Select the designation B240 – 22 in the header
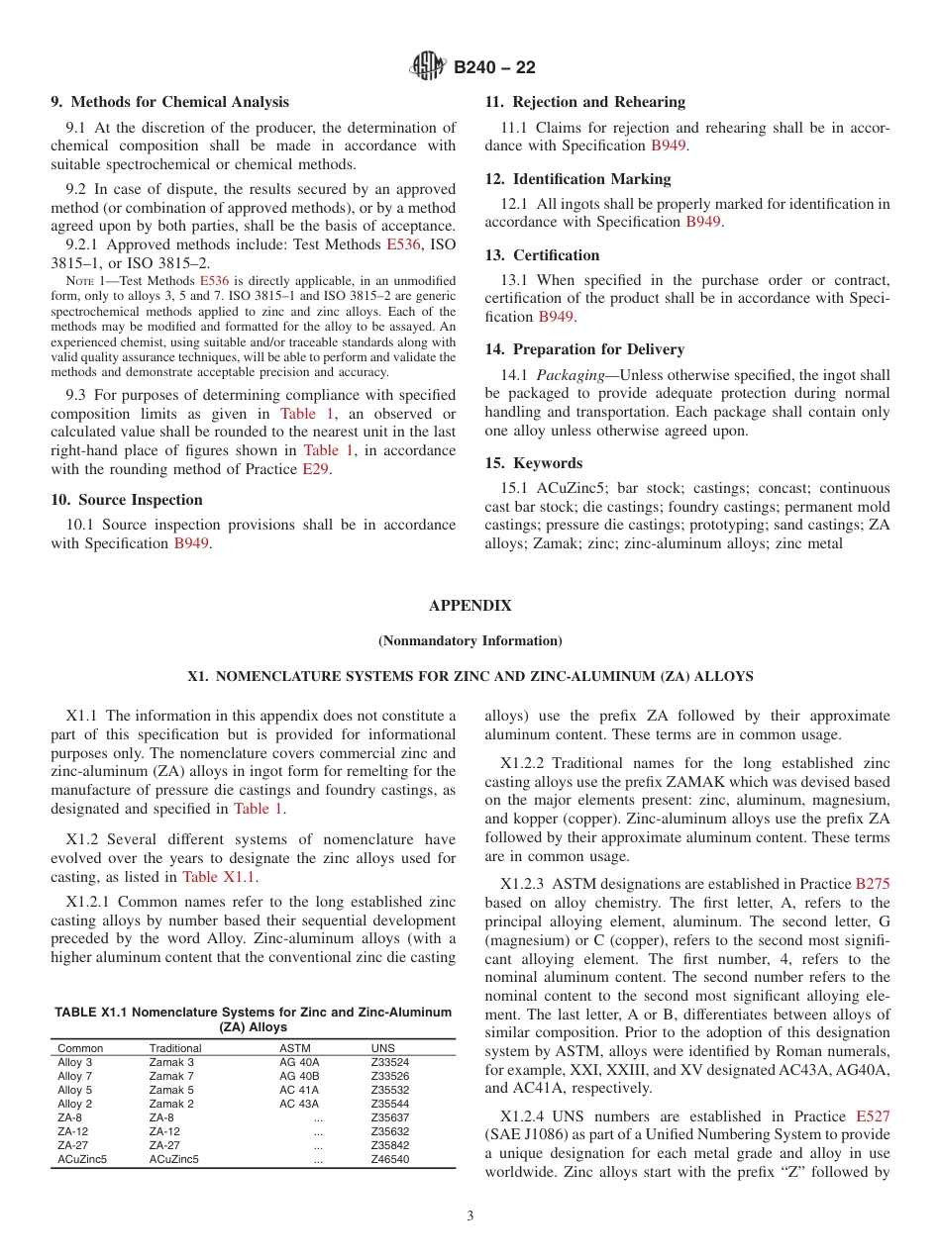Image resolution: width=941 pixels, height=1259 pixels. click(x=494, y=67)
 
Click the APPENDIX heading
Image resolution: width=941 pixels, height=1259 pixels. click(x=470, y=606)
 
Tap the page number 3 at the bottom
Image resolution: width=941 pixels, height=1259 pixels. click(x=470, y=1216)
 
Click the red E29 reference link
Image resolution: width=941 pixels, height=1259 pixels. click(x=316, y=469)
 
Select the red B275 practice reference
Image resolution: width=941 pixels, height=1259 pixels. click(x=873, y=884)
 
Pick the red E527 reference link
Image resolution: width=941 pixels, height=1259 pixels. click(x=873, y=1116)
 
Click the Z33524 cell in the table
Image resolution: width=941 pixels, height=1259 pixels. click(x=389, y=1062)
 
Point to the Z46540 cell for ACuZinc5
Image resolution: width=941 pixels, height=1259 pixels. click(x=389, y=1159)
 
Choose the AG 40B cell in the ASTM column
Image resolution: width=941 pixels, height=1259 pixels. click(x=299, y=1076)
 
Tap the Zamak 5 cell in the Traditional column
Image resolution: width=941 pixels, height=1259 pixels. click(x=171, y=1090)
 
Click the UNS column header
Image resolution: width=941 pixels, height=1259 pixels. click(x=382, y=1048)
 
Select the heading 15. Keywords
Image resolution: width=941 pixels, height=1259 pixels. click(x=533, y=463)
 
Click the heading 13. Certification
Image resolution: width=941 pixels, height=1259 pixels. click(x=542, y=255)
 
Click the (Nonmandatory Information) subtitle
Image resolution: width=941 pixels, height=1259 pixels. click(x=470, y=640)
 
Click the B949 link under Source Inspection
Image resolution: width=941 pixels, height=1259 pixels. click(x=192, y=542)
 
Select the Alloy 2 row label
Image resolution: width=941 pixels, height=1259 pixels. click(x=75, y=1104)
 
